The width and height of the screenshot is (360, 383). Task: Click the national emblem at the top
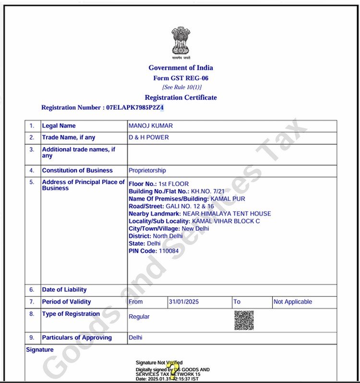[x=180, y=40]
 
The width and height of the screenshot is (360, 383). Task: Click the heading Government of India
[x=180, y=68]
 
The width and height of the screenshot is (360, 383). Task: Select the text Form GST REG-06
[x=180, y=78]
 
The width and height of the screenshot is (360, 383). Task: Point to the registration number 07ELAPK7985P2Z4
[x=135, y=108]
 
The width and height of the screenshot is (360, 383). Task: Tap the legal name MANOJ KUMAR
[x=151, y=126]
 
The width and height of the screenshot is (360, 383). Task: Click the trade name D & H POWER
[x=149, y=137]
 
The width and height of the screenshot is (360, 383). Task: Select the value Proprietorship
[x=147, y=171]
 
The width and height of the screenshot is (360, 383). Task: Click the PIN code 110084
[x=168, y=251]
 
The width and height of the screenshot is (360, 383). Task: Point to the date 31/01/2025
[x=184, y=302]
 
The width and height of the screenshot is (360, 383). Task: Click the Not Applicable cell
[x=293, y=302]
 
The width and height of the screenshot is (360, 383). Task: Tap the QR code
[x=244, y=320]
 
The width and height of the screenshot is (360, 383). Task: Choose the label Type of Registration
[x=71, y=314]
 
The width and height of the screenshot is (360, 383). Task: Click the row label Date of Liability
[x=64, y=290]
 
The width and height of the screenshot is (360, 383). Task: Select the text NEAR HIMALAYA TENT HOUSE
[x=227, y=213]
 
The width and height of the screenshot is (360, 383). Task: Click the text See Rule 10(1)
[x=182, y=87]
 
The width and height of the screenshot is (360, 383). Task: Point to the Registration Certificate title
[x=180, y=98]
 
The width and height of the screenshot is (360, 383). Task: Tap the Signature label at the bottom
[x=40, y=350]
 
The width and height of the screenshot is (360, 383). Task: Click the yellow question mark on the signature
[x=174, y=369]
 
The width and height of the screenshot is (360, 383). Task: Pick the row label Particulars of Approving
[x=77, y=338]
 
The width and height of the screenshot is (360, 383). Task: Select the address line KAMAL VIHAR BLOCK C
[x=222, y=221]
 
